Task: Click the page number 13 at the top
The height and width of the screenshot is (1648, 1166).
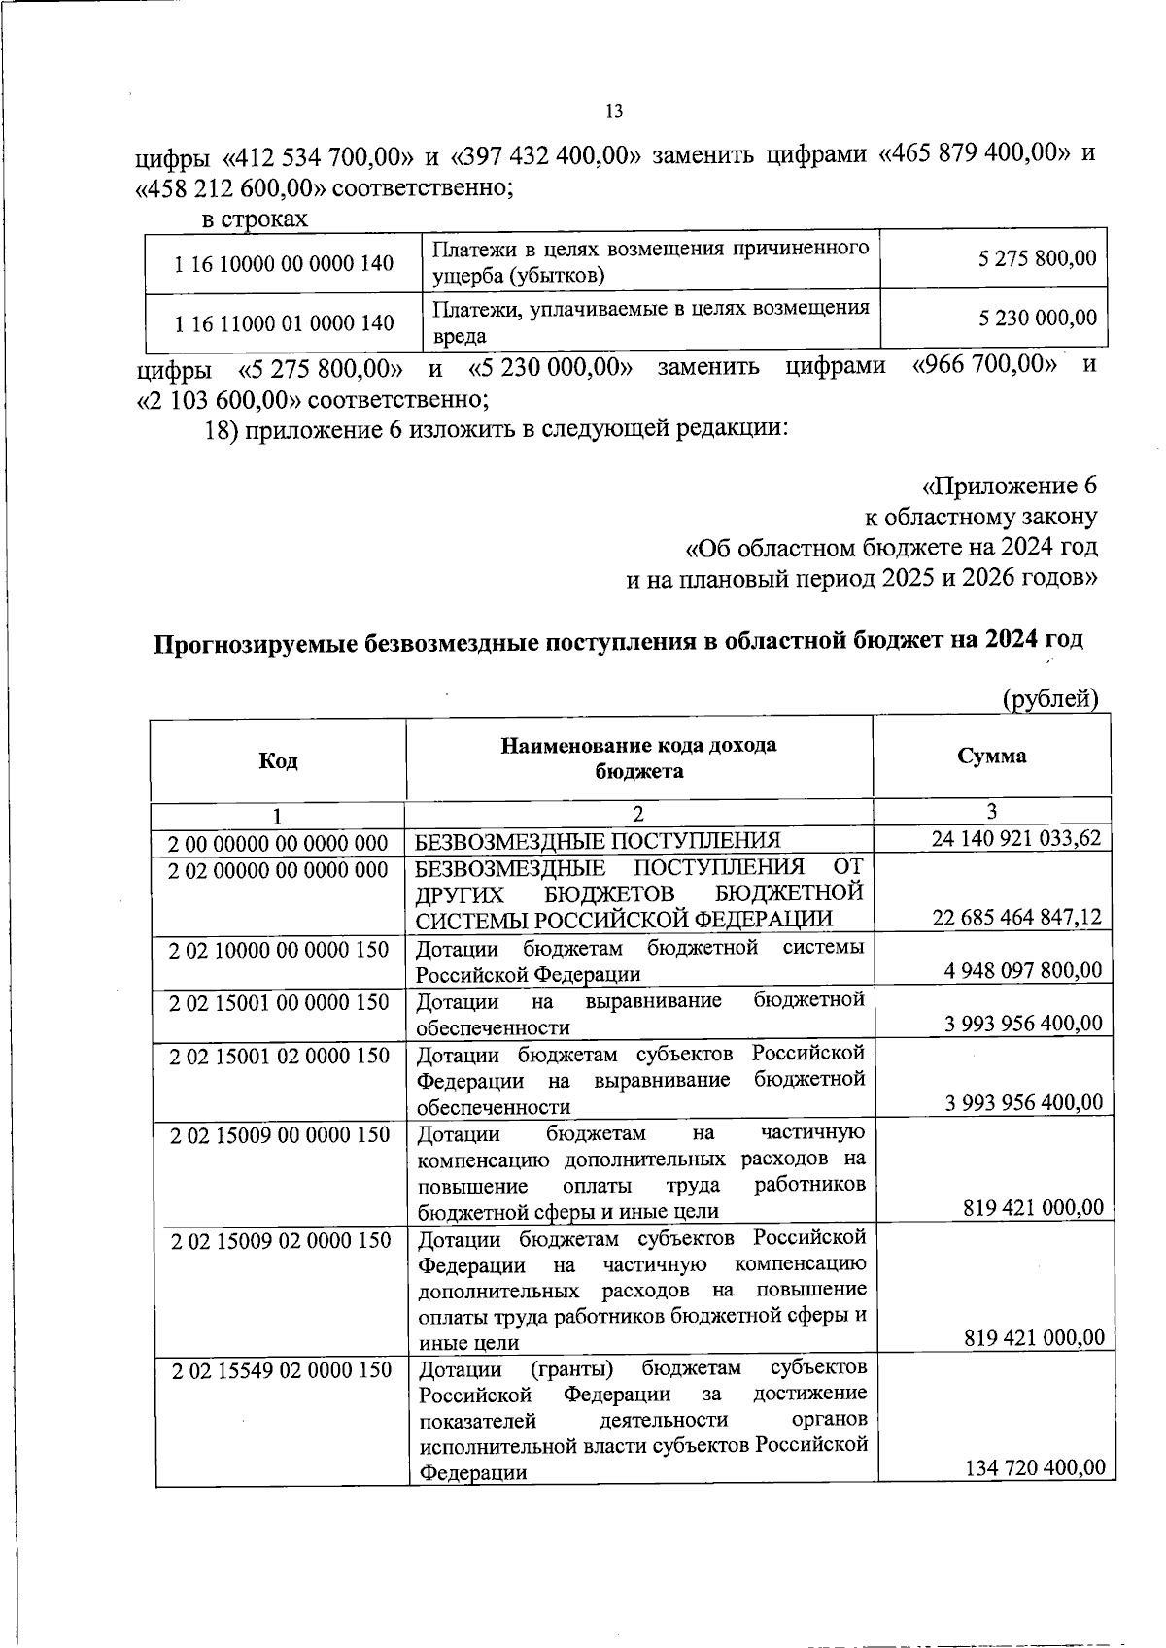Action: tap(613, 111)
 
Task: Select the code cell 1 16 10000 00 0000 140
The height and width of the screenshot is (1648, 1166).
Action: tap(284, 263)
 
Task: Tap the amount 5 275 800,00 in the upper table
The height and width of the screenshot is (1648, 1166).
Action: tap(1038, 258)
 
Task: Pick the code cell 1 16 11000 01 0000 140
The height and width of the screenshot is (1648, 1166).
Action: tap(284, 322)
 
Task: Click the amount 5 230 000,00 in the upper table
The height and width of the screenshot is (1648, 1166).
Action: tap(1038, 318)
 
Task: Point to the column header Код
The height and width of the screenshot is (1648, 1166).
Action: tap(278, 759)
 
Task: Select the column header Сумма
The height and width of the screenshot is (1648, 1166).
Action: tap(991, 756)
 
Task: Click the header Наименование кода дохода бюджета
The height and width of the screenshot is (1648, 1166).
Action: tap(638, 757)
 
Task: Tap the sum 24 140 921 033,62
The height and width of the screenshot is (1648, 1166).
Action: tap(1016, 838)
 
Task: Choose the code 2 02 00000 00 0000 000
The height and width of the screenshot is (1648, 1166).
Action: tap(278, 869)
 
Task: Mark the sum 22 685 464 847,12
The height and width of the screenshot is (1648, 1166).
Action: tap(1017, 917)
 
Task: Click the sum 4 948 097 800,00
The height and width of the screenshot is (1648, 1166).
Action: tap(1023, 969)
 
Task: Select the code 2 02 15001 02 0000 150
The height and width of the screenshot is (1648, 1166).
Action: tap(279, 1056)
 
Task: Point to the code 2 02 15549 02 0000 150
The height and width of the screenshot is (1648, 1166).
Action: tap(281, 1370)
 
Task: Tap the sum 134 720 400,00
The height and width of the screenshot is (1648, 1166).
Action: tap(1035, 1466)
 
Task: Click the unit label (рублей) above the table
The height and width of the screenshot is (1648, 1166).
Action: tap(1049, 698)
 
